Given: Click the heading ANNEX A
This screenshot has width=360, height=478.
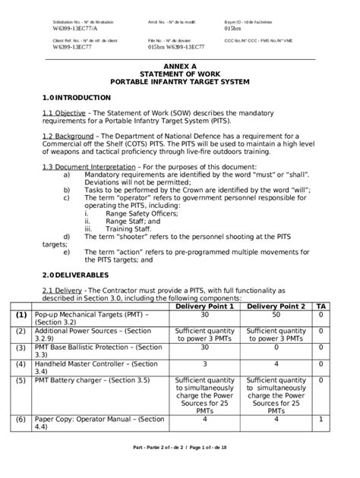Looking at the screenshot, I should click(180, 66).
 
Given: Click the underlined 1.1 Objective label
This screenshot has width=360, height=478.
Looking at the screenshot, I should click(63, 113).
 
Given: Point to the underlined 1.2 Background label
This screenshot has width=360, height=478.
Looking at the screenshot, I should click(68, 134).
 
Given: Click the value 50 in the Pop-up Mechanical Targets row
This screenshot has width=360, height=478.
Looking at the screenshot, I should click(276, 314).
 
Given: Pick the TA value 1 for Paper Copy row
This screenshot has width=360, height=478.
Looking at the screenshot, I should click(322, 419).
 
